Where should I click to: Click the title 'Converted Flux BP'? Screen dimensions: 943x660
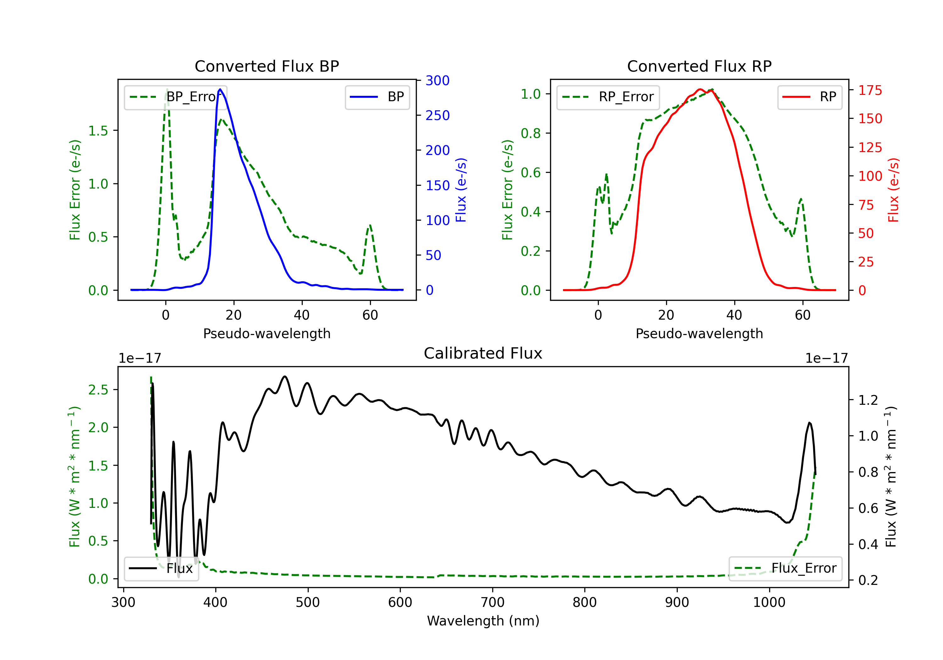tap(267, 66)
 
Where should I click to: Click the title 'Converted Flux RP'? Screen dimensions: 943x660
tap(699, 66)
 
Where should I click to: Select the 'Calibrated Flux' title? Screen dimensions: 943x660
tap(483, 353)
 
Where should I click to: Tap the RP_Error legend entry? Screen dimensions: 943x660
tap(608, 97)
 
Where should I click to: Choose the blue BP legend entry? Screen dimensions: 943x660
tap(377, 97)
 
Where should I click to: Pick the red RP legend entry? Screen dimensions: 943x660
tap(809, 97)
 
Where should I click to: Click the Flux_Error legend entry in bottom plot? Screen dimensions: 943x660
tap(785, 569)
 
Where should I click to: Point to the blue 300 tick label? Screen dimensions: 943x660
tap(438, 80)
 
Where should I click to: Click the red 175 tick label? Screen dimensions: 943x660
tap(870, 90)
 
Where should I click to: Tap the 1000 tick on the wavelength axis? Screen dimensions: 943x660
tap(769, 602)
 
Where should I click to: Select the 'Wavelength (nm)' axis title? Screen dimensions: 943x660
tap(483, 621)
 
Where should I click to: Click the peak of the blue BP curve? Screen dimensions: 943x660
tap(220, 89)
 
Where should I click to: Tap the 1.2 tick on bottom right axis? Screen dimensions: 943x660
tap(868, 400)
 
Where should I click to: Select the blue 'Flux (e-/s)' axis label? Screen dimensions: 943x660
tap(461, 190)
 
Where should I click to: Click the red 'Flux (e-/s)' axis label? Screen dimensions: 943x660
tap(893, 190)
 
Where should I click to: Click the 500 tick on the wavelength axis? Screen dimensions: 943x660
tap(308, 602)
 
